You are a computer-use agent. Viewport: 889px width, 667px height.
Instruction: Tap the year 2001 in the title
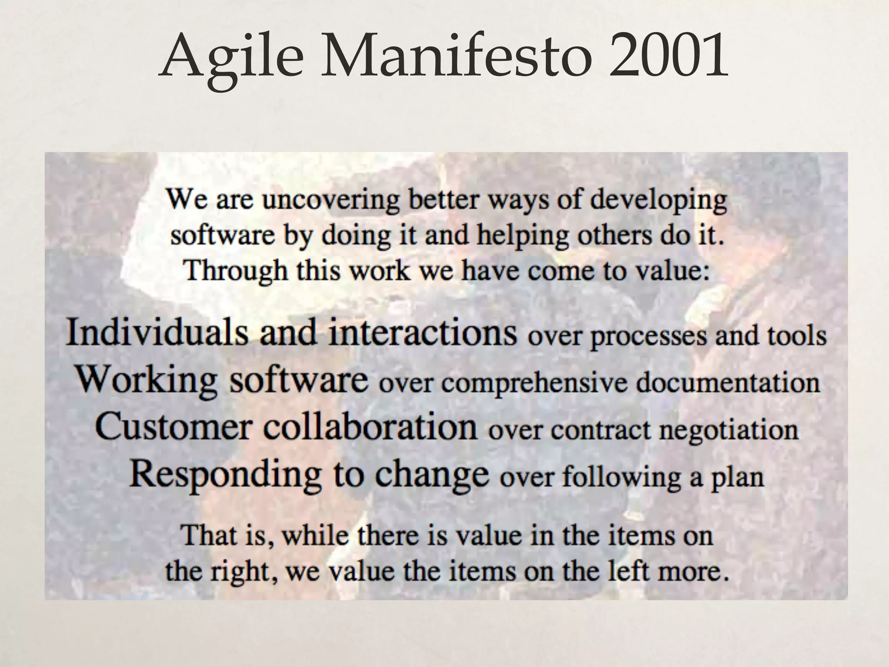(668, 56)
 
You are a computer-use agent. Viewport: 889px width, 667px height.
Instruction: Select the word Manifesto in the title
(456, 56)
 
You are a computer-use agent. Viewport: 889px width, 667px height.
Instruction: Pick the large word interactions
(423, 332)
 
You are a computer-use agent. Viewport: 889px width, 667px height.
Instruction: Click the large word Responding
(225, 475)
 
